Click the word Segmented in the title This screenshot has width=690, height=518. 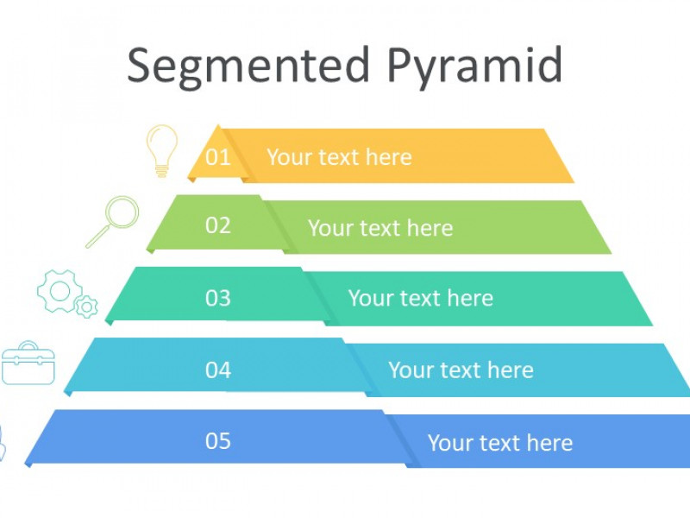(x=248, y=67)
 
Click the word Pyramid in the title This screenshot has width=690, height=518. (x=475, y=67)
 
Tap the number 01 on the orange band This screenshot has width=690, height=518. (x=218, y=157)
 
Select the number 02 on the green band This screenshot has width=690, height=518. (x=218, y=225)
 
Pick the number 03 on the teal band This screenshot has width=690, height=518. (x=218, y=298)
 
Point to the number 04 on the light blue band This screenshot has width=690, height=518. (x=218, y=370)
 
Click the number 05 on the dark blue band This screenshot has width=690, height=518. (x=218, y=441)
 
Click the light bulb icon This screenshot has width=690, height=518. (x=162, y=151)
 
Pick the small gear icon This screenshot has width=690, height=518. (x=86, y=306)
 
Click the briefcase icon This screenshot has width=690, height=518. (x=28, y=363)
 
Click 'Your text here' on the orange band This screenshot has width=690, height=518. (x=339, y=157)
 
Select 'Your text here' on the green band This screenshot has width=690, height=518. (x=380, y=228)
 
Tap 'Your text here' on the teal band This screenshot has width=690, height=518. (x=421, y=298)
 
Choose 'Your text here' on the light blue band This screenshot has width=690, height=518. (x=461, y=370)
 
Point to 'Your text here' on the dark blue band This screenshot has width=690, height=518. (x=500, y=443)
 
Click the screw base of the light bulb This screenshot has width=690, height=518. (x=161, y=171)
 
